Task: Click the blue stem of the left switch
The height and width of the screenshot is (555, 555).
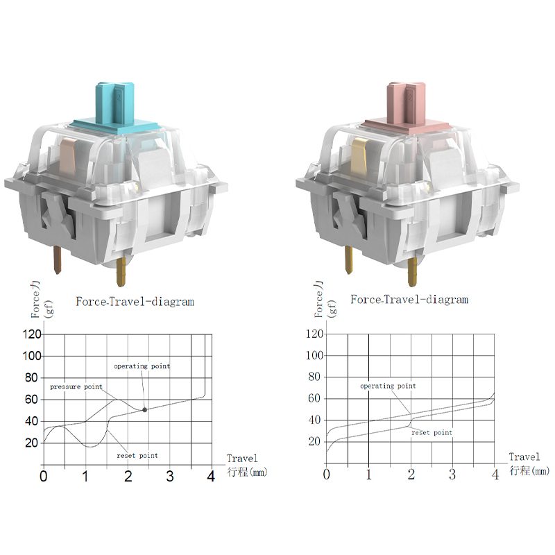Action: coord(115,106)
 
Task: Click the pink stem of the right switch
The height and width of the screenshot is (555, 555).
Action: coord(407,106)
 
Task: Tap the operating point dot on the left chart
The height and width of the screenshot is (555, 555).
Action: coord(144,409)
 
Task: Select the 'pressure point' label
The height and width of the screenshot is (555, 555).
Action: coord(76,386)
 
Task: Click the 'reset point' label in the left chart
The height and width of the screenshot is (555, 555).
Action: coord(137,456)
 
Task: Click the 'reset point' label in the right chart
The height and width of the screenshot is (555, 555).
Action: coord(432,432)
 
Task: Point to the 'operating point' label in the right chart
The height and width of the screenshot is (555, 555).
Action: coord(388,386)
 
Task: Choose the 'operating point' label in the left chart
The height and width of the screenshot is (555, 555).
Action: coord(142,366)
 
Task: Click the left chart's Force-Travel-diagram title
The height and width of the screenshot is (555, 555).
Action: coord(135,302)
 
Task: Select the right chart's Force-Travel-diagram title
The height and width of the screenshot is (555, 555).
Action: coord(409,300)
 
